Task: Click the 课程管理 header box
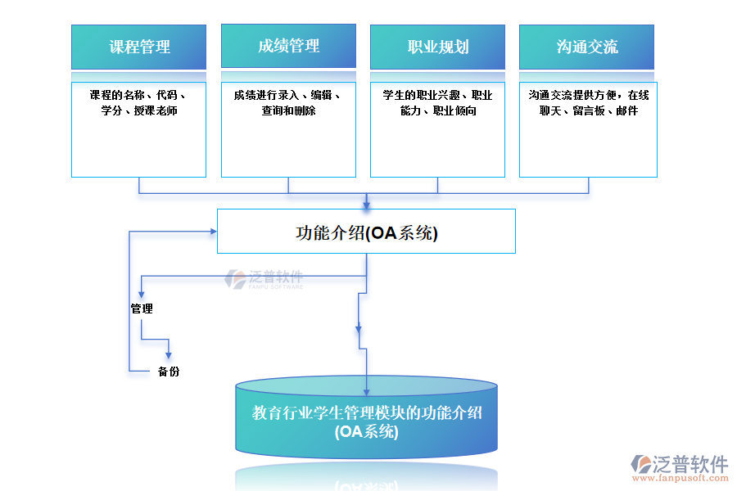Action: [x=138, y=47]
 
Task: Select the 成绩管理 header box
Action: [x=288, y=46]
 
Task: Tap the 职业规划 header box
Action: [x=437, y=47]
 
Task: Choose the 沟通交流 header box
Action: [x=586, y=47]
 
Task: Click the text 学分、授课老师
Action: [x=139, y=110]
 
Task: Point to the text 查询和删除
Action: [x=288, y=110]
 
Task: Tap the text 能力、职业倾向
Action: [x=438, y=110]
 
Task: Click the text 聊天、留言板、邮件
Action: [x=588, y=110]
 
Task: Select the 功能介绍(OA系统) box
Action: [x=366, y=232]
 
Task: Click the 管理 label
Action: [x=142, y=309]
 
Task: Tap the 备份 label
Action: [x=169, y=372]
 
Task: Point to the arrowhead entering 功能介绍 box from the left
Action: [x=211, y=232]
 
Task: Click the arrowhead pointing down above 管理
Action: [x=142, y=292]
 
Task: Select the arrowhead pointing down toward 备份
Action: [x=169, y=354]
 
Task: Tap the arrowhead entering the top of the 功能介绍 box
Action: [x=366, y=204]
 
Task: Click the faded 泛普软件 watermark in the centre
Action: [x=265, y=279]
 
